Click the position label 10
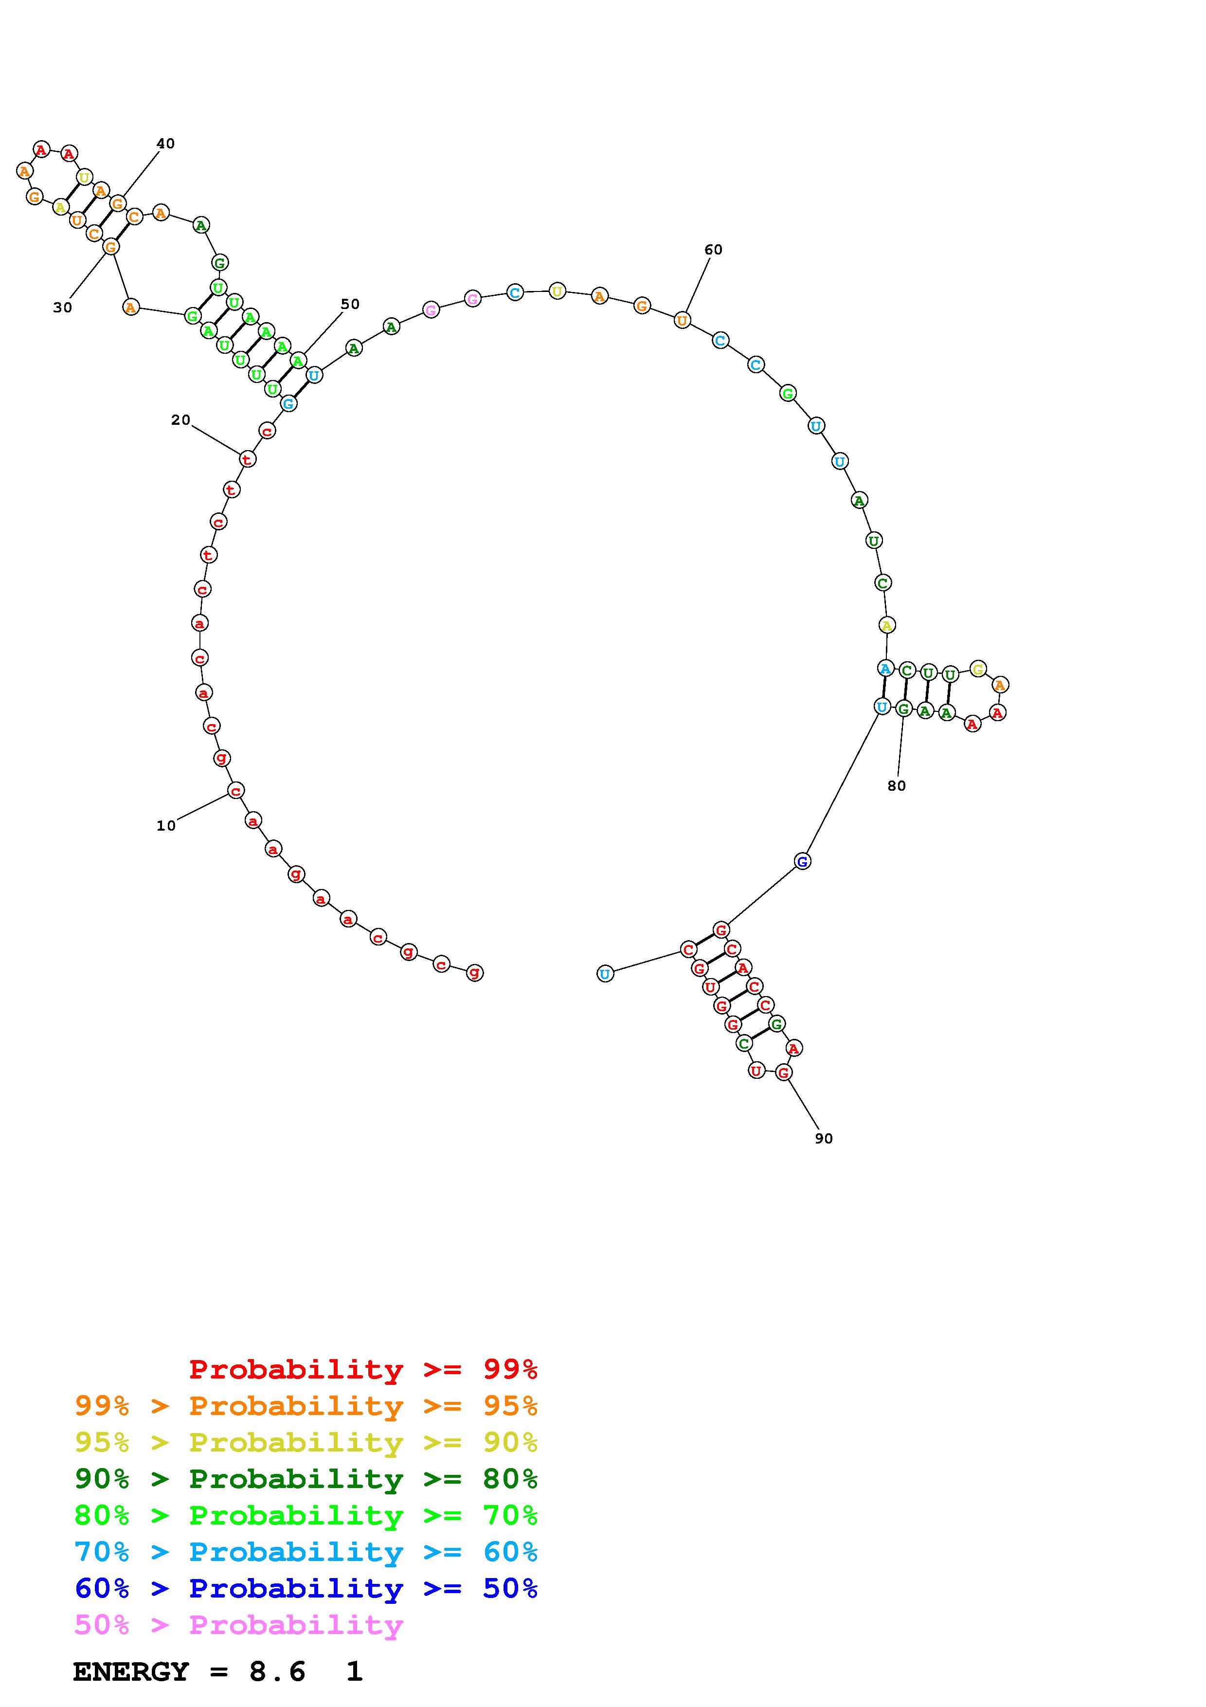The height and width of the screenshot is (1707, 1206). [x=166, y=825]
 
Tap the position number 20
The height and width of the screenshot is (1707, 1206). [x=180, y=420]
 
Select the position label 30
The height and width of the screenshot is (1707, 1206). [x=62, y=307]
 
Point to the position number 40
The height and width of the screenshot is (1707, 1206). [x=165, y=144]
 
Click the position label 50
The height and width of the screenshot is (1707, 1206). [x=350, y=304]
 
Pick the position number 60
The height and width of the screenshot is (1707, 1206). [x=713, y=250]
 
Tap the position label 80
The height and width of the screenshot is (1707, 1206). [x=897, y=786]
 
